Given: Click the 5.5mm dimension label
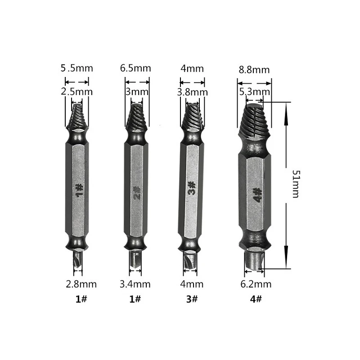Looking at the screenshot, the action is click(76, 68).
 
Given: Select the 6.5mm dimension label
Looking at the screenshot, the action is click(135, 68).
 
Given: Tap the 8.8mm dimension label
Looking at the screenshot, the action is click(254, 70).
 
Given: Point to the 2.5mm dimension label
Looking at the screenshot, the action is click(76, 92).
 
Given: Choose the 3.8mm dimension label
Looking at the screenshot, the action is click(193, 92).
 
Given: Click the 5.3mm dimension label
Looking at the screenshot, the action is click(255, 92).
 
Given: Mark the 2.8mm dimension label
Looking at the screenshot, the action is click(81, 284).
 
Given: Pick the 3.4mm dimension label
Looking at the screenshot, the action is click(135, 284).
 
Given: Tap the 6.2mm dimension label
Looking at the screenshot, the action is click(256, 284).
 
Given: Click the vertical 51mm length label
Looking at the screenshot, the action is click(296, 184).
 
